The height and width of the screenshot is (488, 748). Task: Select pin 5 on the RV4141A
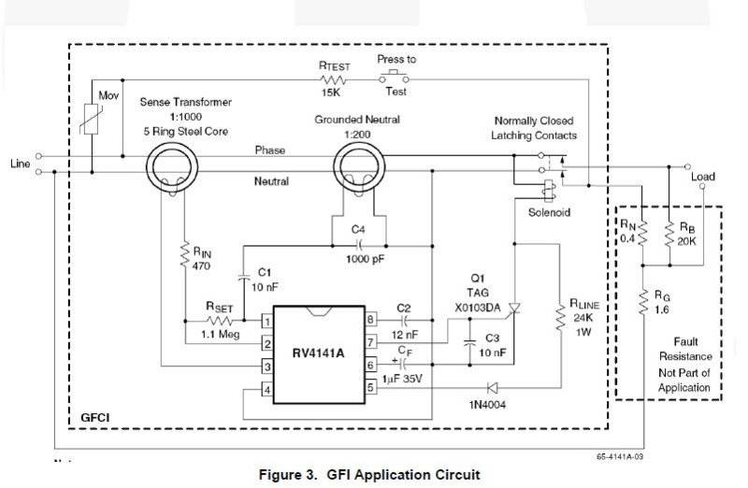[x=371, y=387]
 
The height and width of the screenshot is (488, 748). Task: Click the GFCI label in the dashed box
[x=95, y=412]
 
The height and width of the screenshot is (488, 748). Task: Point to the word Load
[x=703, y=176]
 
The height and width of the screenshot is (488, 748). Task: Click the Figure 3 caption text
[x=369, y=475]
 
